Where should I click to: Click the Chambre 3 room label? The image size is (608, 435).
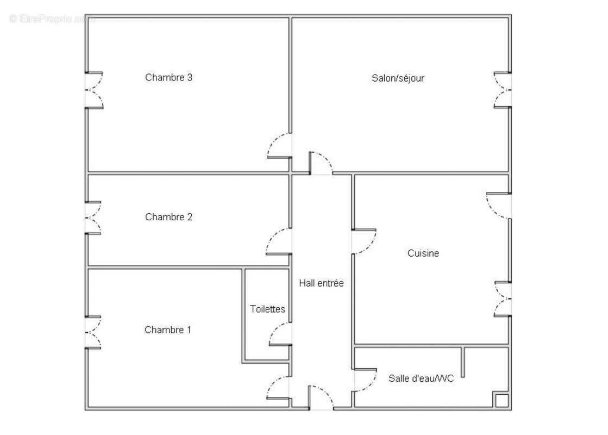point(168,78)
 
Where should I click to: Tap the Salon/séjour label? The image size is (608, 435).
point(398,78)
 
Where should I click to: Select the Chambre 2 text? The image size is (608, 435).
point(168,217)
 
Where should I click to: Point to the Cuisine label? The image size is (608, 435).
point(423,253)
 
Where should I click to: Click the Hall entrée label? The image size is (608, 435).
point(321,283)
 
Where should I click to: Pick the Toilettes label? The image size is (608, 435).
point(267,309)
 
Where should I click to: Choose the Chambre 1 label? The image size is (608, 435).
point(168,330)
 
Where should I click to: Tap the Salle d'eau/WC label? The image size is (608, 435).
point(421,378)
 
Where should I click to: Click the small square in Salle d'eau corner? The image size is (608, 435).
point(501,401)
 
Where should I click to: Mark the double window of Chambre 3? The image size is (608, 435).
point(93,90)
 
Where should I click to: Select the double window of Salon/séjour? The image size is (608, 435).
point(503,90)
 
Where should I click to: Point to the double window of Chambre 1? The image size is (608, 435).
point(93,332)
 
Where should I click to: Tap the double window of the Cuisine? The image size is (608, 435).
point(503,299)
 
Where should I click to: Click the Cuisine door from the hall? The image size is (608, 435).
point(363,241)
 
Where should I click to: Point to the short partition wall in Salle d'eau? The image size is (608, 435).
point(463,362)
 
